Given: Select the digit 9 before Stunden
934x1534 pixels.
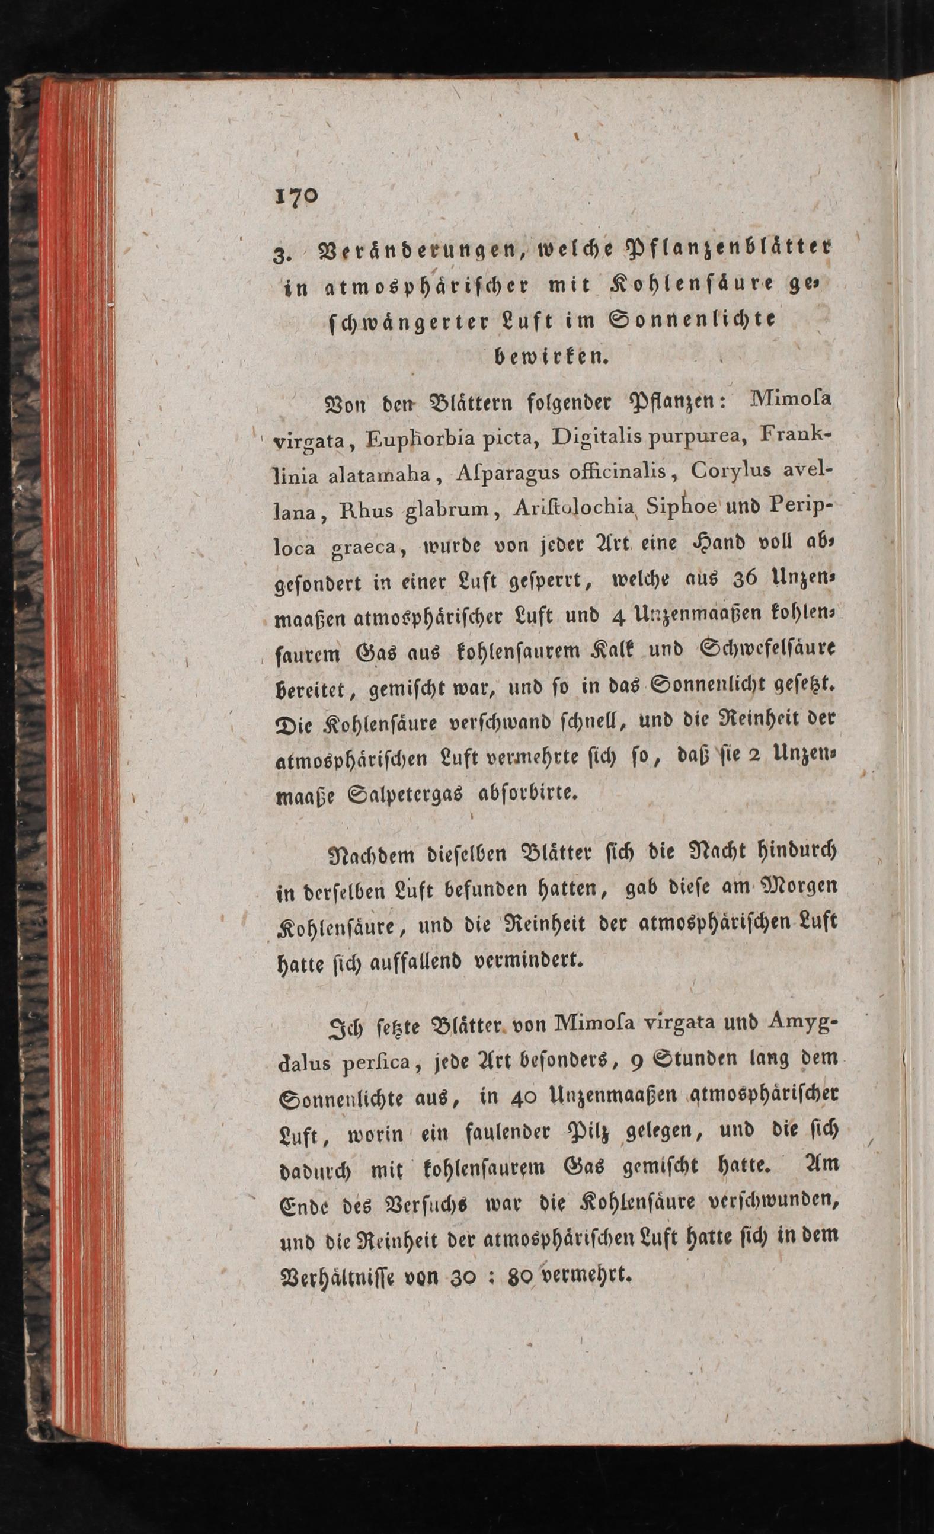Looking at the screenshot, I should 637,1058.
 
